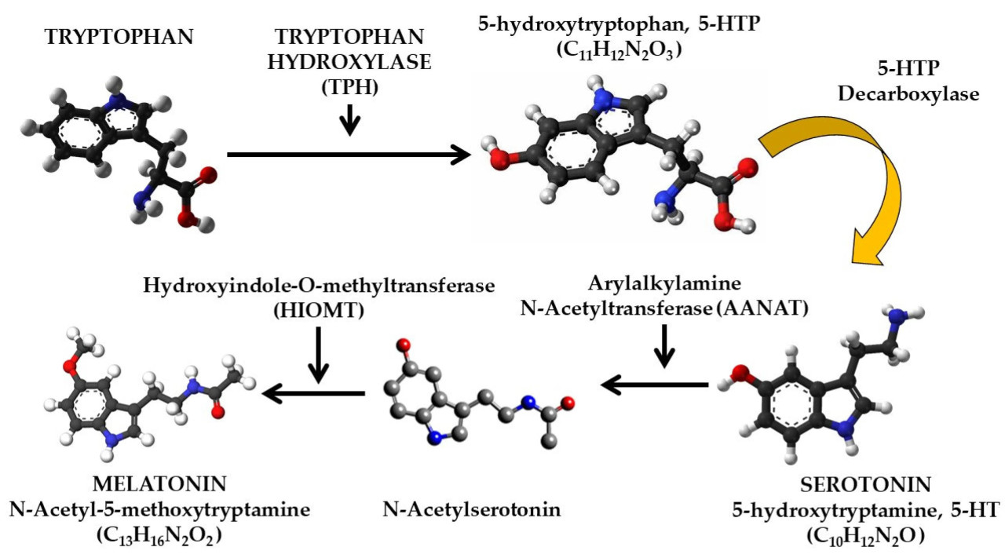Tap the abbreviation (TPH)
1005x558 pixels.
(x=350, y=89)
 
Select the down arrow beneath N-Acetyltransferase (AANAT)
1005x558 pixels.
(x=664, y=347)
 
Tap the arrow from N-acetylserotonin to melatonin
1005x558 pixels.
(x=313, y=392)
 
